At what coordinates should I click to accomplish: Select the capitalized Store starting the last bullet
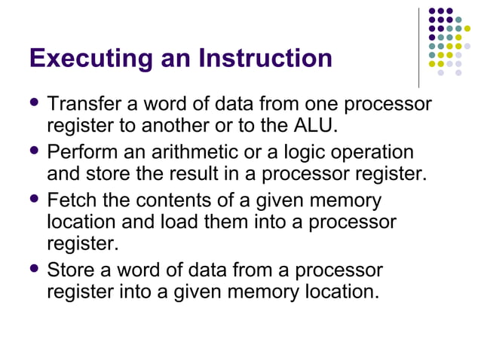pyautogui.click(x=72, y=270)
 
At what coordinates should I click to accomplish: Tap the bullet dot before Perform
pyautogui.click(x=34, y=152)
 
